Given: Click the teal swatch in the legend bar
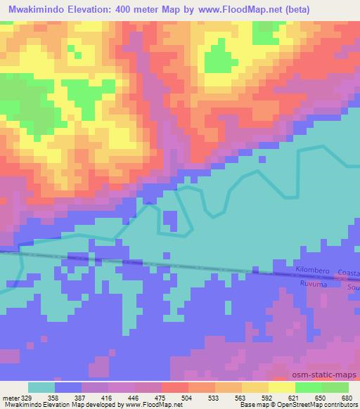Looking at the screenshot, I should click(41, 388).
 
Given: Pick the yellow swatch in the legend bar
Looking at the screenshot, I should click(281, 388).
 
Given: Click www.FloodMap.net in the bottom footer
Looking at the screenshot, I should click(141, 405).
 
